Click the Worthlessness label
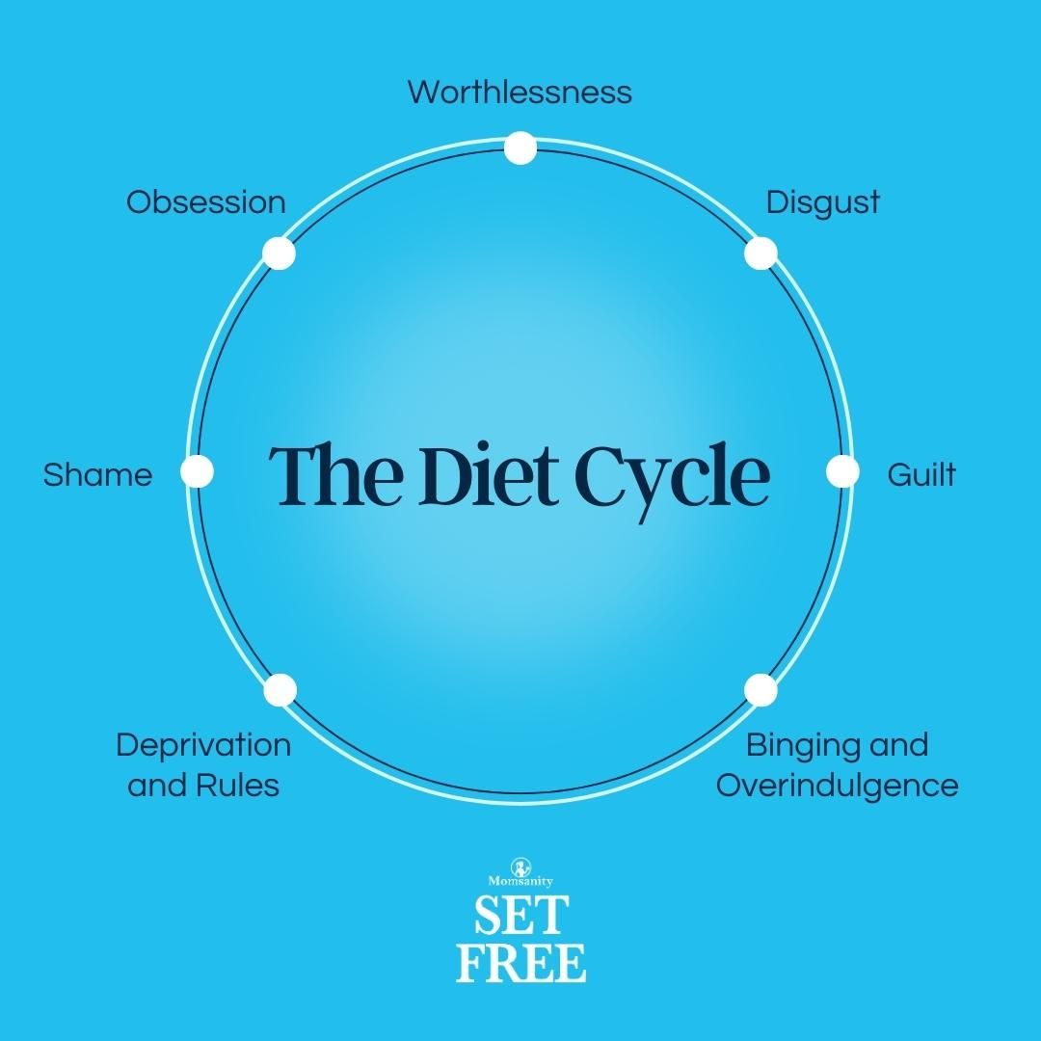[x=520, y=93]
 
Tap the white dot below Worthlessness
[x=520, y=148]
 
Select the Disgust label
[x=822, y=202]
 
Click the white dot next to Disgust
[x=761, y=254]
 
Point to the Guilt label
[x=921, y=474]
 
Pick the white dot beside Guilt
[x=842, y=472]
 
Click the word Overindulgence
[x=837, y=785]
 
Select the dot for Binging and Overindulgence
[x=761, y=690]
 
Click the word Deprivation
[x=203, y=745]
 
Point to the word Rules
[x=237, y=785]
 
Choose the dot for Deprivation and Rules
[x=280, y=690]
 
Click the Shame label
[x=97, y=474]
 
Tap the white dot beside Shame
[x=197, y=472]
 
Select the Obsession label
[x=206, y=202]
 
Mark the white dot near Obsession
[x=279, y=254]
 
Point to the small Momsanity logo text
[x=520, y=880]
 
